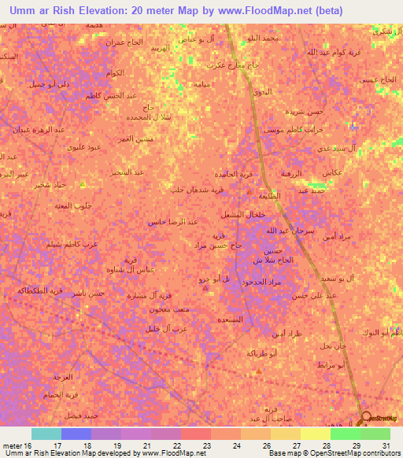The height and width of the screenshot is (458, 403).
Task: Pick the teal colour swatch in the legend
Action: coord(46,434)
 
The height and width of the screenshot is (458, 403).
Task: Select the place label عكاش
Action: coord(331,172)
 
